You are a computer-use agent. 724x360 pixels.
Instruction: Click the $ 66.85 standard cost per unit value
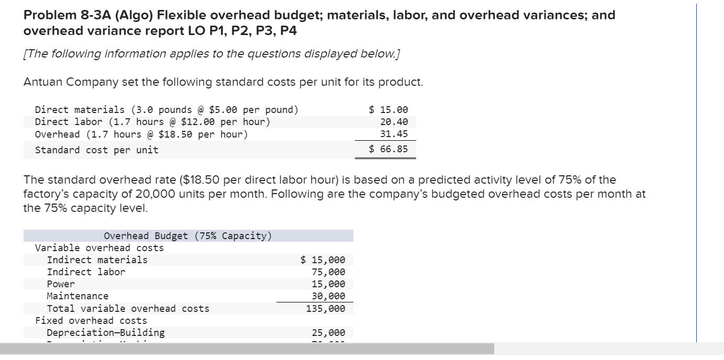388,150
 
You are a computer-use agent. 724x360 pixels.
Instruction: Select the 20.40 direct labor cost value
394,122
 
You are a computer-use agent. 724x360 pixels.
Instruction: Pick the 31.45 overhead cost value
394,134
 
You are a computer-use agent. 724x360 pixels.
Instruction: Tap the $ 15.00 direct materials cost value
388,110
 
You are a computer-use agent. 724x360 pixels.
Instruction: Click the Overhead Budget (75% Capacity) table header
187,235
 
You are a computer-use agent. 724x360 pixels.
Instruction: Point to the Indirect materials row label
97,260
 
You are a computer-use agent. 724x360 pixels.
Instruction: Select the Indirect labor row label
86,272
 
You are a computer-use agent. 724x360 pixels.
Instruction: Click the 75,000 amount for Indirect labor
328,272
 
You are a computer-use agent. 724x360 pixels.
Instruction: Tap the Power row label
61,284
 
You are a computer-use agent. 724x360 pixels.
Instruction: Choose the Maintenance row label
78,296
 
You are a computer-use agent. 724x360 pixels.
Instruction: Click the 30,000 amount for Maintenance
328,296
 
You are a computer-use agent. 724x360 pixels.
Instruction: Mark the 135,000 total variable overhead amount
326,309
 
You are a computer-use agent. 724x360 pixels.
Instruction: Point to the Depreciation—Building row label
106,333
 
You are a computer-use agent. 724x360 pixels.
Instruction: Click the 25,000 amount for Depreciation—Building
328,333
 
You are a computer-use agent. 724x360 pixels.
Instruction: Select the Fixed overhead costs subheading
91,321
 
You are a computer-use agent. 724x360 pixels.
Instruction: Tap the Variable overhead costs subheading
99,248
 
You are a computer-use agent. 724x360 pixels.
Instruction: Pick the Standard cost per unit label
96,150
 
